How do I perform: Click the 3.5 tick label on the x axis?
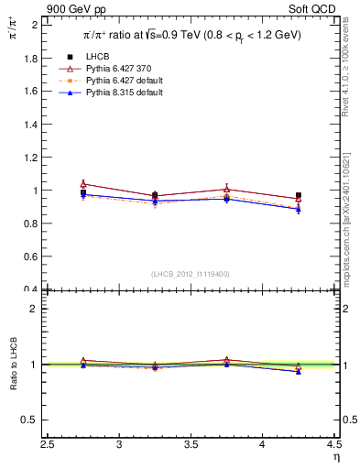click(191, 444)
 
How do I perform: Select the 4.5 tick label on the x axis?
click(333, 444)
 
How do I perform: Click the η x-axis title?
click(335, 456)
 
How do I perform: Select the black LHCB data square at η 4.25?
click(299, 196)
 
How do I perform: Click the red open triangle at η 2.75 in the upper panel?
click(83, 184)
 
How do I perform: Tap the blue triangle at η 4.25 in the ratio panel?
click(299, 371)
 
